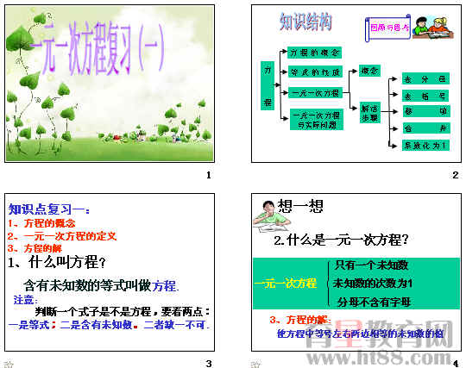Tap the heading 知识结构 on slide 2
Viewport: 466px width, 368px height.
tap(306, 21)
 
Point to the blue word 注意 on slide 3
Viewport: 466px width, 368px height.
tap(24, 300)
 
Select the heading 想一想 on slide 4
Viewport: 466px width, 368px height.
tap(301, 205)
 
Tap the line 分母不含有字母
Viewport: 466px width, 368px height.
tap(373, 302)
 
